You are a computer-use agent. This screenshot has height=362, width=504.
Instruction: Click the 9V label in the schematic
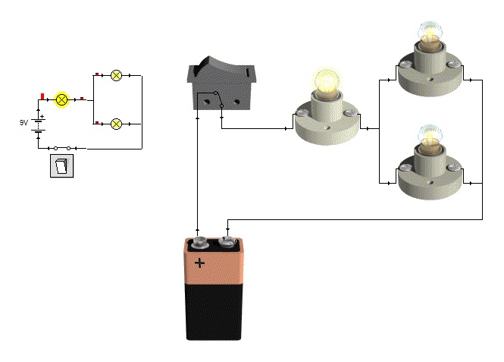(x=23, y=122)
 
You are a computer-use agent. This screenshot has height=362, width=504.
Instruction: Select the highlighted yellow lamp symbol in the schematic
(x=63, y=99)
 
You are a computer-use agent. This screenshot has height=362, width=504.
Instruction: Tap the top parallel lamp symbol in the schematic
(x=116, y=75)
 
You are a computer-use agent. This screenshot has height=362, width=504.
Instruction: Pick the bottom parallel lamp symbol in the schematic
(x=116, y=123)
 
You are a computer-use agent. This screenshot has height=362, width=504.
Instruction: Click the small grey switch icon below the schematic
(x=62, y=165)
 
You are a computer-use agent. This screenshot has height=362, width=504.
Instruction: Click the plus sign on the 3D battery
(x=199, y=263)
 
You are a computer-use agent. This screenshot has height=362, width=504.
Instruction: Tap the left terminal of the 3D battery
(x=199, y=243)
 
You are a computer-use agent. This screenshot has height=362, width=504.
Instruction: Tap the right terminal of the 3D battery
(x=227, y=243)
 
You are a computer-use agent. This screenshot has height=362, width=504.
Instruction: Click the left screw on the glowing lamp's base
(x=301, y=114)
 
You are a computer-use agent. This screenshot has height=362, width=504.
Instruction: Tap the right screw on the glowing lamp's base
(x=352, y=114)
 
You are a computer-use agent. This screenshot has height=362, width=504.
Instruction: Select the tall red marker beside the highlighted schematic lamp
(x=42, y=96)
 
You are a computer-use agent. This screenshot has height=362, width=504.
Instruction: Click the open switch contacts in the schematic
(x=63, y=148)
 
